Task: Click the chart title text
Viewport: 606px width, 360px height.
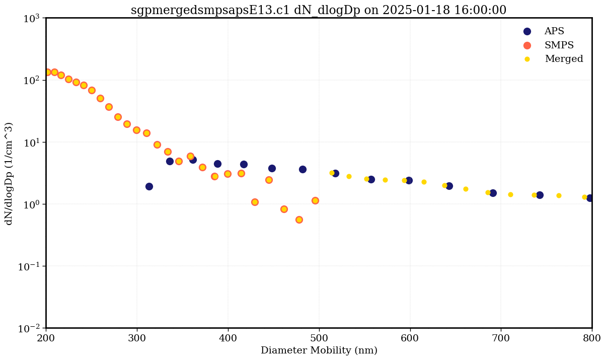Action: (x=318, y=10)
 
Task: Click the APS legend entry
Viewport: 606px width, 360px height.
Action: (x=554, y=31)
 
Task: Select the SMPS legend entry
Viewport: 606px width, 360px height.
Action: (x=559, y=45)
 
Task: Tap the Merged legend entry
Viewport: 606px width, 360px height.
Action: (x=564, y=59)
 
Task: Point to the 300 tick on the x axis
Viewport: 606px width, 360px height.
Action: (x=137, y=337)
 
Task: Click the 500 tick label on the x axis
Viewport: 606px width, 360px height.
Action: (x=319, y=337)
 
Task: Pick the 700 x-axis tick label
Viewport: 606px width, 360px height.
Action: (x=501, y=337)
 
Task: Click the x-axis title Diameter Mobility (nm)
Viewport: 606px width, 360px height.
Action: (x=319, y=350)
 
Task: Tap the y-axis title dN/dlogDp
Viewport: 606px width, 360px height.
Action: (x=9, y=173)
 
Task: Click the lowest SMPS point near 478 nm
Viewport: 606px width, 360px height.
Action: (x=299, y=220)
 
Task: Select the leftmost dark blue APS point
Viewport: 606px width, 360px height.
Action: (x=149, y=186)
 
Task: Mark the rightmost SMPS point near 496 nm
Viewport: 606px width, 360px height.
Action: (x=315, y=200)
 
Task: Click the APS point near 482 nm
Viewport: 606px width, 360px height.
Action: (x=302, y=169)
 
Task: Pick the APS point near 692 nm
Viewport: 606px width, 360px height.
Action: (x=493, y=193)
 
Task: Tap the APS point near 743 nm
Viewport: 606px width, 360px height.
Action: (x=540, y=195)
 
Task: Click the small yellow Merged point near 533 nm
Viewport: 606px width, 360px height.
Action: (x=349, y=176)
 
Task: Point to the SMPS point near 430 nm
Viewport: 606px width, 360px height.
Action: (x=255, y=202)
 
